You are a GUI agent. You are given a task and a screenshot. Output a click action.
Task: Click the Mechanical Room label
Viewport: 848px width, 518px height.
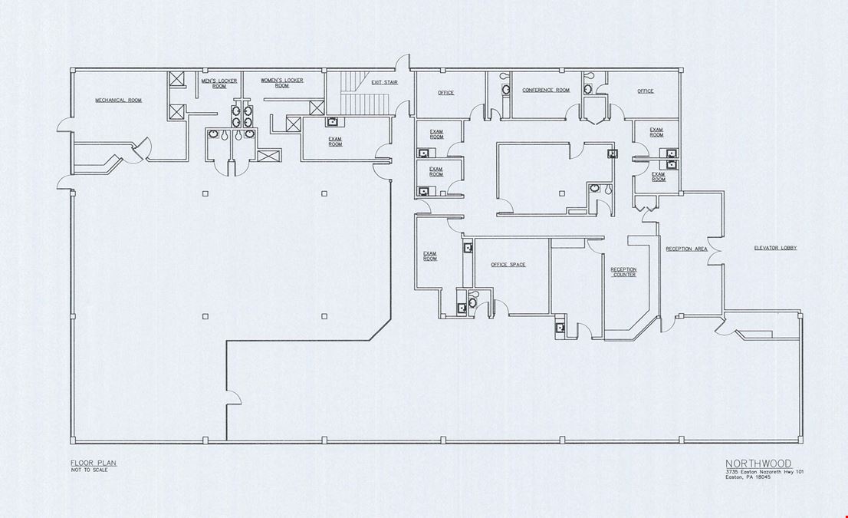click(118, 100)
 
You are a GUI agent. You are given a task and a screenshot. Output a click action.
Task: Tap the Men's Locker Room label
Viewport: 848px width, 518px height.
click(219, 84)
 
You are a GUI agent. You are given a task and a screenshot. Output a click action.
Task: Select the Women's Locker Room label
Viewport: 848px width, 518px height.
click(281, 83)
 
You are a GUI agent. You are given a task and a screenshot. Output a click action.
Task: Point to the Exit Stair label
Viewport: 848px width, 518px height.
click(385, 82)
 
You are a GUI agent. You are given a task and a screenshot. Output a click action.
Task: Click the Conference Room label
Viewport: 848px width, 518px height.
click(546, 90)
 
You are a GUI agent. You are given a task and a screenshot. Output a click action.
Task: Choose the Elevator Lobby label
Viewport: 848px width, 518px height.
click(775, 248)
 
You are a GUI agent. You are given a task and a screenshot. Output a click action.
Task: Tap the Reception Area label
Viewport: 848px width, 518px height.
click(686, 249)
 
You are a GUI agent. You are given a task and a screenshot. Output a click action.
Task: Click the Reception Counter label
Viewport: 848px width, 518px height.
click(624, 272)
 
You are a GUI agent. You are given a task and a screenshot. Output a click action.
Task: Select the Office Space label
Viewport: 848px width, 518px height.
click(508, 265)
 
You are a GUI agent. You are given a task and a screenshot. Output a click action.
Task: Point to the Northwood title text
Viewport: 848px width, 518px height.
click(758, 464)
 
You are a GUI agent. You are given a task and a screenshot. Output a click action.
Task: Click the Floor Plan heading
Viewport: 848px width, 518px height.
click(94, 463)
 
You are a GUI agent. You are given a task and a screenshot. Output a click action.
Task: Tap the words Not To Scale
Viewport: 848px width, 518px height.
click(89, 470)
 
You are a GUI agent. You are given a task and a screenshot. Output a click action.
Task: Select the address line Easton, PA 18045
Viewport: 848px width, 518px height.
click(748, 477)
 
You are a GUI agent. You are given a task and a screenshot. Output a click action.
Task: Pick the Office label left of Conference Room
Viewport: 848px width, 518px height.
click(445, 93)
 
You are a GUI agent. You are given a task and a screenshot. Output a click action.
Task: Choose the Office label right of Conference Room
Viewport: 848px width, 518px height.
click(645, 91)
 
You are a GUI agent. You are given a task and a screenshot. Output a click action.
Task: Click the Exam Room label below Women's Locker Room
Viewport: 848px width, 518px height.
click(335, 142)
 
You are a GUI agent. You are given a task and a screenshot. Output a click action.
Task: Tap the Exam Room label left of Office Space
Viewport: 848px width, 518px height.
click(430, 256)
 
